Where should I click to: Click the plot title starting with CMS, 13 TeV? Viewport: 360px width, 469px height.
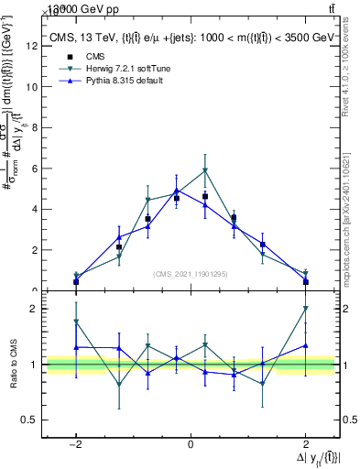190,38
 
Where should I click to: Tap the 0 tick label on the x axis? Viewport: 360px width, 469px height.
191,443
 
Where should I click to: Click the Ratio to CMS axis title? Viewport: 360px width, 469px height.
13,365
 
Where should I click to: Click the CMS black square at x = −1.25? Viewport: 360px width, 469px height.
119,247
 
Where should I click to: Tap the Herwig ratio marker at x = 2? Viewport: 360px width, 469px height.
305,309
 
